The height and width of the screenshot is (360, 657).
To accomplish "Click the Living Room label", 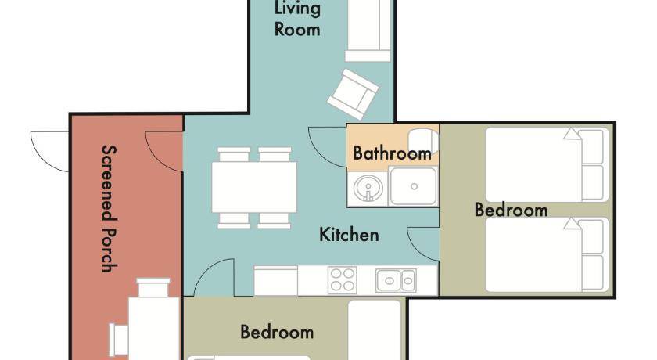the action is click(297, 19).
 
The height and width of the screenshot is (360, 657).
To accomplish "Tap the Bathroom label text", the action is click(392, 153).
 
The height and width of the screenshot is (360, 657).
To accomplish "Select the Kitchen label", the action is click(349, 235).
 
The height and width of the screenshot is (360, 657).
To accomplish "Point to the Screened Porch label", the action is click(109, 208).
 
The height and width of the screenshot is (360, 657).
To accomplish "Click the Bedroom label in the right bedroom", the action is click(512, 210).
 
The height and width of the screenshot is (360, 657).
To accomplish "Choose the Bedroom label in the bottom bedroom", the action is click(277, 332).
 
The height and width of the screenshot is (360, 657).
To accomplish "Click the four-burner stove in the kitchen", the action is click(343, 280).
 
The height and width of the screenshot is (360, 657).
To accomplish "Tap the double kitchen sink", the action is click(396, 280).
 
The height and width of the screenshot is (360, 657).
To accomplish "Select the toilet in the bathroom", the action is click(423, 141).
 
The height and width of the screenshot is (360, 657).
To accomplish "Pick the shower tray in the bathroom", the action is click(414, 186).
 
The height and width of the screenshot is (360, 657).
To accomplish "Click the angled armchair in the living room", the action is click(354, 94).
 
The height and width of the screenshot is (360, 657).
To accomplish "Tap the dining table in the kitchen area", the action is click(254, 187).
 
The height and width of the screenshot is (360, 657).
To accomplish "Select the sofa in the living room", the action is click(368, 31).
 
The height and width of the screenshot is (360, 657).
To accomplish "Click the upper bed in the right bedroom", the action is click(547, 164).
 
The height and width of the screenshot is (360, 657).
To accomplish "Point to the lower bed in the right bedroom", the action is click(547, 255).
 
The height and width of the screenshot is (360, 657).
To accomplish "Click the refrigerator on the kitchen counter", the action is click(275, 280).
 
